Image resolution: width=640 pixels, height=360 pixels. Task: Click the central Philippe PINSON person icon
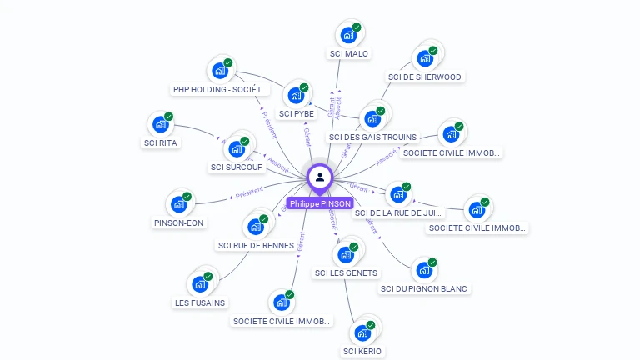(x=319, y=177)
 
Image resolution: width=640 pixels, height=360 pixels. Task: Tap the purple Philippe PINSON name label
(x=320, y=203)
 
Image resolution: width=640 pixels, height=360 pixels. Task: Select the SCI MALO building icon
(x=347, y=36)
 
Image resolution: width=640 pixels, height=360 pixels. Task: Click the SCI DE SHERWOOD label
(x=424, y=77)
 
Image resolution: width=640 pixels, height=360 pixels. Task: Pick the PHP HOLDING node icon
(x=219, y=71)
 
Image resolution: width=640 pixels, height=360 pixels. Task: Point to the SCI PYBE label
(x=297, y=113)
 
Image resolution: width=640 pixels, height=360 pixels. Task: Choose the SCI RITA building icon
(x=160, y=125)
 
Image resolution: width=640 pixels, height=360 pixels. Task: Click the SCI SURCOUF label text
(x=237, y=167)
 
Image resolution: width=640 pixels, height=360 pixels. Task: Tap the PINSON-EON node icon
(x=178, y=204)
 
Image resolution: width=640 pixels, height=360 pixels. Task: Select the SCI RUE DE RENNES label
(x=256, y=245)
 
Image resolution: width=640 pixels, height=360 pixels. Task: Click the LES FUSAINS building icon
(x=199, y=284)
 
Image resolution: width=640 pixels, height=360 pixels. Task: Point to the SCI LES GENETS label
(x=346, y=272)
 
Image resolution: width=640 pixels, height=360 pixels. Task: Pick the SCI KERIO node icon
(x=362, y=332)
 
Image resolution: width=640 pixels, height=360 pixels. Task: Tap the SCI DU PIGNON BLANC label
(x=425, y=288)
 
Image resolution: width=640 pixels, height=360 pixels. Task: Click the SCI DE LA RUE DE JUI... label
(x=398, y=213)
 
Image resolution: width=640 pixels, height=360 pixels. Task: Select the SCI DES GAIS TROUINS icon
(x=372, y=118)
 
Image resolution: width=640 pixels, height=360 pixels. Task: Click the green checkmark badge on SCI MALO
(x=357, y=27)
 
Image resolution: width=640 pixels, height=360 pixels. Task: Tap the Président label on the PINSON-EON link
(x=249, y=193)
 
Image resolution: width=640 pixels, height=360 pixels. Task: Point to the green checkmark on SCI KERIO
(x=371, y=325)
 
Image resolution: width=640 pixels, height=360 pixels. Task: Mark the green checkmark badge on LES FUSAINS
(x=208, y=276)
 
